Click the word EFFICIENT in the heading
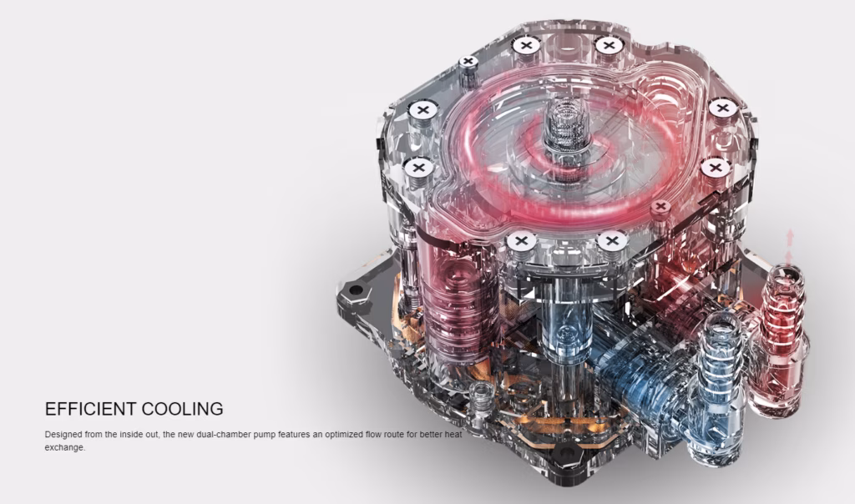[x=90, y=409]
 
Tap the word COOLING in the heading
[x=183, y=409]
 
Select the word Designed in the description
[x=63, y=435]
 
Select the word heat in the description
[x=452, y=435]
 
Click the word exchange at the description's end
[x=65, y=448]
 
